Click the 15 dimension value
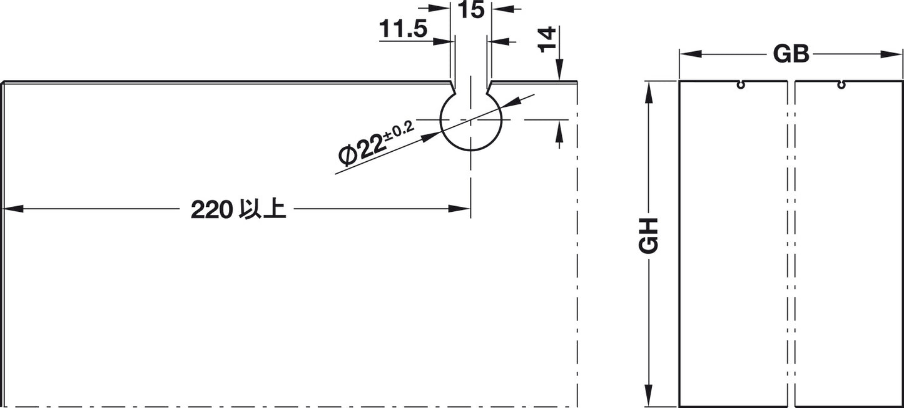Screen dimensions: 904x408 tap(471, 10)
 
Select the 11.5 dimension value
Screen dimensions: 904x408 tap(403, 29)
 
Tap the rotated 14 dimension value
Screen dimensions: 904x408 tap(547, 39)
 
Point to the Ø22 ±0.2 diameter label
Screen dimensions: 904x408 tap(376, 144)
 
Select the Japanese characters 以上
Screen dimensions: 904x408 tap(262, 209)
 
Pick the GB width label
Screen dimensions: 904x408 tap(791, 54)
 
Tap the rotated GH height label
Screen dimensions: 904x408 tap(649, 236)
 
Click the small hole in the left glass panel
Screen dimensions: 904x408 tap(741, 85)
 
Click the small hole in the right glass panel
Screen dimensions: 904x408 tap(841, 85)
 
